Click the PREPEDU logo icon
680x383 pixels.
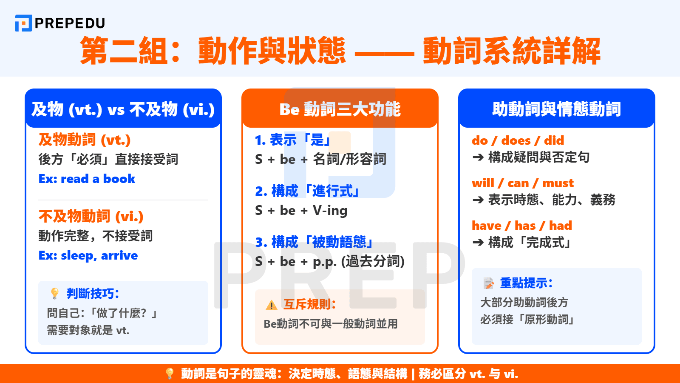[23, 23]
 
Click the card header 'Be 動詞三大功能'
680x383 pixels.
[340, 109]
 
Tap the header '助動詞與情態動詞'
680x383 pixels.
[556, 109]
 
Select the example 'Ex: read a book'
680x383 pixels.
[87, 179]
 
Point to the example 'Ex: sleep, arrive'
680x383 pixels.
[88, 255]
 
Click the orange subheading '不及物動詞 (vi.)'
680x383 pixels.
[91, 216]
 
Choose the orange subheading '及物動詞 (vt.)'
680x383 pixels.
[85, 140]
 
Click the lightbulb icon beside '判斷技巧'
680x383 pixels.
[55, 293]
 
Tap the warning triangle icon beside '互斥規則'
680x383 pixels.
[271, 305]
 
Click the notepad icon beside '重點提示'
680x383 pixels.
[488, 283]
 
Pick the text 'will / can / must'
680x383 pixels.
[522, 183]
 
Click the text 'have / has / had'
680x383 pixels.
[521, 226]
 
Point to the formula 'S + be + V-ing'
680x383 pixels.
[301, 210]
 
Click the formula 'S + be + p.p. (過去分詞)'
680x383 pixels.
[329, 261]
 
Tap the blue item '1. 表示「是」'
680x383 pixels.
[293, 140]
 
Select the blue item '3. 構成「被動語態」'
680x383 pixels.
[314, 242]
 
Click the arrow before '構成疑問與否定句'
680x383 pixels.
[478, 157]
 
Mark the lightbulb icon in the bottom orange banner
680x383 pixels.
[170, 374]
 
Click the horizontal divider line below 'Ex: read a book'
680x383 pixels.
[123, 200]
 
